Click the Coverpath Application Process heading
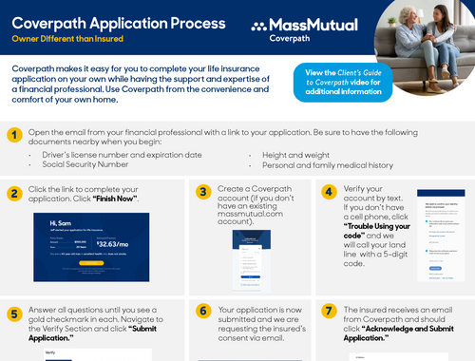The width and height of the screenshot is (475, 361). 119,23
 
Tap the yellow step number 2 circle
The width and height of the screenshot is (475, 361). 14,194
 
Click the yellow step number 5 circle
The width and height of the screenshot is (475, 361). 14,313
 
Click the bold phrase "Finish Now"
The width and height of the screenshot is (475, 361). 115,198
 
